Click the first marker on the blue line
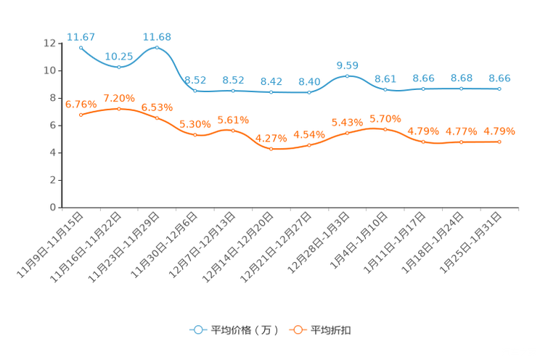tap(81, 46)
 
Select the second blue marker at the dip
tap(119, 67)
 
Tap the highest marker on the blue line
tap(157, 46)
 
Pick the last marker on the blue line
tap(499, 88)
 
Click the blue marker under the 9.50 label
tap(348, 75)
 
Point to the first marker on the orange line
tap(81, 115)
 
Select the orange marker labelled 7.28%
tap(119, 108)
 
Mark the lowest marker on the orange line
tap(271, 149)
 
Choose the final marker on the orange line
tap(499, 142)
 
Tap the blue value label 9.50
tap(348, 65)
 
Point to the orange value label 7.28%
tap(119, 98)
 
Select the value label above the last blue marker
tap(499, 77)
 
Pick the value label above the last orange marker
tap(499, 131)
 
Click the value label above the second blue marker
tap(118, 56)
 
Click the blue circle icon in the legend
tap(197, 330)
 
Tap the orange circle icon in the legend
tap(297, 330)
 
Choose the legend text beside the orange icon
tap(332, 330)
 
